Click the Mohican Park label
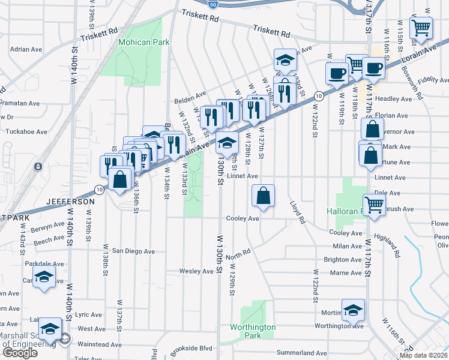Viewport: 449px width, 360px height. [x=143, y=43]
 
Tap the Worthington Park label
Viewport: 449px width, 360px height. [x=253, y=331]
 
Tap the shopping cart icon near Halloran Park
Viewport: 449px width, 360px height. [x=375, y=205]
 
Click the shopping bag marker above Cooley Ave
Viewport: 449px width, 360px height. [x=263, y=196]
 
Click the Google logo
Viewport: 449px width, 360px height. [x=20, y=352]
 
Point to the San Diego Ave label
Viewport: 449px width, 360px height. [x=133, y=251]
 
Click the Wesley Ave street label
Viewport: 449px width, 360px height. [x=196, y=271]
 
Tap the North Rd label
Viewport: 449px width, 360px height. [x=238, y=255]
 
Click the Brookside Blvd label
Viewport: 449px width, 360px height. [x=190, y=347]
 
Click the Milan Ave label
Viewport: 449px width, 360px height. [x=346, y=246]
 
